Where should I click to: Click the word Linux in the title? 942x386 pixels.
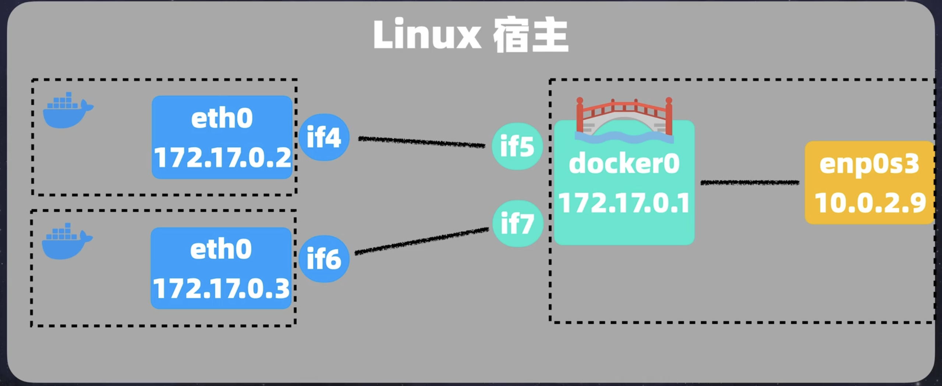pyautogui.click(x=427, y=35)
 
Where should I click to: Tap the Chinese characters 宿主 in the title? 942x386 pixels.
pyautogui.click(x=531, y=36)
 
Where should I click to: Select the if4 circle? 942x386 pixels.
pyautogui.click(x=324, y=137)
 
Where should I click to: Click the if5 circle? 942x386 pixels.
pyautogui.click(x=517, y=146)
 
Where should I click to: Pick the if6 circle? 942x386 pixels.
pyautogui.click(x=324, y=258)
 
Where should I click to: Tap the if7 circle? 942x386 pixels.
pyautogui.click(x=517, y=223)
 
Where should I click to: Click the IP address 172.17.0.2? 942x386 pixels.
pyautogui.click(x=222, y=158)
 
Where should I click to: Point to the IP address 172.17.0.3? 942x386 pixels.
pyautogui.click(x=221, y=289)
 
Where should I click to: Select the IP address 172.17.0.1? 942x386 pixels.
pyautogui.click(x=624, y=203)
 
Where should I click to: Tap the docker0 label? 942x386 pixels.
pyautogui.click(x=624, y=163)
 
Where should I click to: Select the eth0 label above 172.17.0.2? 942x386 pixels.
pyautogui.click(x=222, y=118)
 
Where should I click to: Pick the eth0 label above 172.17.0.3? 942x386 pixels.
pyautogui.click(x=221, y=249)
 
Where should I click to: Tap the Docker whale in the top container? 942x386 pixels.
pyautogui.click(x=67, y=112)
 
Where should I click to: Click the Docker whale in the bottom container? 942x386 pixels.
pyautogui.click(x=66, y=243)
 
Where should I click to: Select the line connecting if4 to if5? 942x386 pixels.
pyautogui.click(x=421, y=142)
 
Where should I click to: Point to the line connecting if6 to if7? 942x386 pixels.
pyautogui.click(x=421, y=241)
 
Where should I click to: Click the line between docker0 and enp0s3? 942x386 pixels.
pyautogui.click(x=750, y=183)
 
